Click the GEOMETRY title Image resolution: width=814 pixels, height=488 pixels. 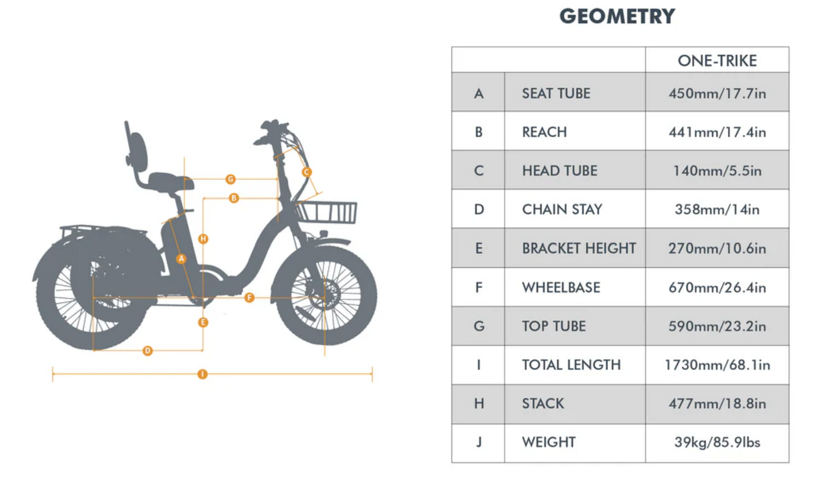click(x=617, y=16)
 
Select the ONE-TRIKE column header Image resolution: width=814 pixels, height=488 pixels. click(x=717, y=60)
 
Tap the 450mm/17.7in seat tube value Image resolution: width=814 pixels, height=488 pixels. click(x=717, y=93)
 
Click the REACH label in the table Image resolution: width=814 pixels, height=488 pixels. click(x=544, y=132)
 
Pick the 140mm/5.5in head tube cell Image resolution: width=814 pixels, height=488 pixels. click(x=717, y=171)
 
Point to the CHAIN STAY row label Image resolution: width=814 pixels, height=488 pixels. click(x=562, y=210)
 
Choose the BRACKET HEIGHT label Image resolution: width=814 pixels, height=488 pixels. click(x=579, y=248)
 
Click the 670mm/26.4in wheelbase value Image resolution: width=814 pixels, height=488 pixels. click(x=717, y=287)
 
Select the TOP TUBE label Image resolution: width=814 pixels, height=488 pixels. click(x=554, y=326)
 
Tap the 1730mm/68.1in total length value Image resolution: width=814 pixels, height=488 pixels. click(x=717, y=365)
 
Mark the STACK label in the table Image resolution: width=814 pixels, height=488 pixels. click(x=542, y=403)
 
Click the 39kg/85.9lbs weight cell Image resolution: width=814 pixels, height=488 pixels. click(x=717, y=442)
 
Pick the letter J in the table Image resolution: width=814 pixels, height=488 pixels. click(x=478, y=442)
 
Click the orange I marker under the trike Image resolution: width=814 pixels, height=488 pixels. click(x=202, y=374)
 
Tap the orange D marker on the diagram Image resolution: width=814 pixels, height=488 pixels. click(x=148, y=351)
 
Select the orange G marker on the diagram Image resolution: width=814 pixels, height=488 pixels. click(x=230, y=179)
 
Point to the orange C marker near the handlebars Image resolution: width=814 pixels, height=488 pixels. click(x=306, y=172)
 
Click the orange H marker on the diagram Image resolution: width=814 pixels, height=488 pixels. click(x=203, y=239)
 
